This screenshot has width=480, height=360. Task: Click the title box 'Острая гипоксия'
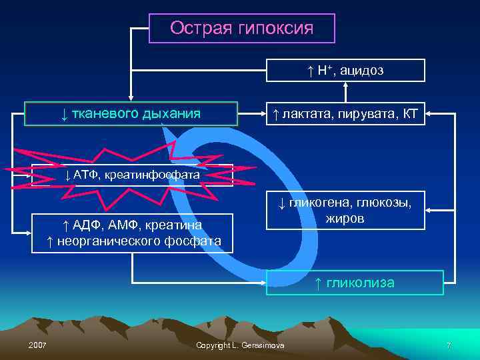pyautogui.click(x=241, y=29)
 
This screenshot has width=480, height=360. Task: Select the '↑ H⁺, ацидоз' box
pyautogui.click(x=345, y=71)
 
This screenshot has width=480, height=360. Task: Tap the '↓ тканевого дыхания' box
pyautogui.click(x=131, y=114)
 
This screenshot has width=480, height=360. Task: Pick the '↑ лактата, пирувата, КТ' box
pyautogui.click(x=345, y=114)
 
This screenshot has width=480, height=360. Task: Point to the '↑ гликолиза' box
pyautogui.click(x=355, y=283)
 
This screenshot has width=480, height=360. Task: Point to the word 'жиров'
pyautogui.click(x=345, y=218)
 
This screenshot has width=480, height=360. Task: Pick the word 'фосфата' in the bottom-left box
pyautogui.click(x=197, y=240)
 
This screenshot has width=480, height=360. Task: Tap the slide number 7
pyautogui.click(x=449, y=345)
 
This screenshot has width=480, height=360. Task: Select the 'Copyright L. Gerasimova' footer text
pyautogui.click(x=241, y=345)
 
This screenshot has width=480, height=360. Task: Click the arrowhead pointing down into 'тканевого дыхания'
pyautogui.click(x=131, y=97)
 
